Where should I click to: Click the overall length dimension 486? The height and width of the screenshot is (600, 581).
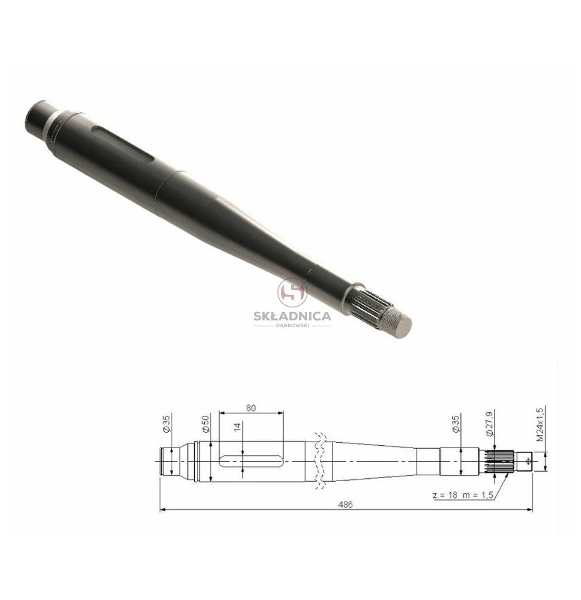pyautogui.click(x=345, y=505)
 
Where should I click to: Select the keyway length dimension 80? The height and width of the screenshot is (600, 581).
pyautogui.click(x=251, y=408)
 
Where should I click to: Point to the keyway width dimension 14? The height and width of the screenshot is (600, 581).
pyautogui.click(x=237, y=427)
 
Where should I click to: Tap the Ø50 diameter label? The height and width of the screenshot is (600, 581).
pyautogui.click(x=206, y=424)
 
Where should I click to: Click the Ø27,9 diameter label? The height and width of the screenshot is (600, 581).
pyautogui.click(x=490, y=424)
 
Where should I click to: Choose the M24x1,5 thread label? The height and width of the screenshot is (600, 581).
pyautogui.click(x=539, y=424)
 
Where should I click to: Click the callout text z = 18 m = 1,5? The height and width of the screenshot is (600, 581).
pyautogui.click(x=463, y=495)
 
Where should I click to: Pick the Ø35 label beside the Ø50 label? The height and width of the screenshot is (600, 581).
pyautogui.click(x=166, y=424)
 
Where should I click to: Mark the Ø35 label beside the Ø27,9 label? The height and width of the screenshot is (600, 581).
pyautogui.click(x=456, y=424)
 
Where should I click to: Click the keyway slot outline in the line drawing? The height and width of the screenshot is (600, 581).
pyautogui.click(x=251, y=461)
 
